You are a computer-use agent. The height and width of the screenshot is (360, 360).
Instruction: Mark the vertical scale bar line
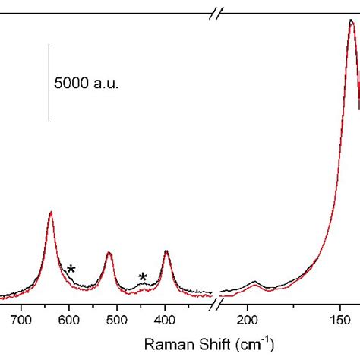pyautogui.click(x=49, y=82)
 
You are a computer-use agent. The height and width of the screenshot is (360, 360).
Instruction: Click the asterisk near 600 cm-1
pyautogui.click(x=71, y=270)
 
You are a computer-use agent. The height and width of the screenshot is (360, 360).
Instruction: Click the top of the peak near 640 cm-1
pyautogui.click(x=50, y=213)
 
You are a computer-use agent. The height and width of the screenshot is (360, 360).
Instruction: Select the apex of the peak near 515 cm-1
pyautogui.click(x=109, y=253)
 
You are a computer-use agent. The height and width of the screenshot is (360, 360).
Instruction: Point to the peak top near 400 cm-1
pyautogui.click(x=166, y=251)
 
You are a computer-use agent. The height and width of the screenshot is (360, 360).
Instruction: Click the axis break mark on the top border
pyautogui.click(x=216, y=13)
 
